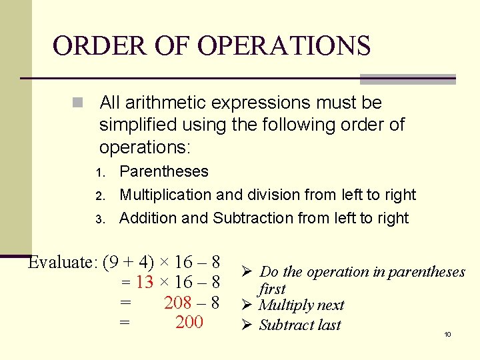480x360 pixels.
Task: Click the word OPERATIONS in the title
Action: (284, 45)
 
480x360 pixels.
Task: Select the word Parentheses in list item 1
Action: (163, 171)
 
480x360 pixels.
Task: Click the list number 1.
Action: (100, 173)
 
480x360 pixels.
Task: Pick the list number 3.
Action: (100, 219)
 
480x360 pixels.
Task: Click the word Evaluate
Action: (63, 262)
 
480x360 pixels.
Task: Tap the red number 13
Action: (144, 282)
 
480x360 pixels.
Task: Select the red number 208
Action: (177, 303)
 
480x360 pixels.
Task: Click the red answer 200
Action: (189, 323)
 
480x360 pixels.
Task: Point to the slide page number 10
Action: (447, 334)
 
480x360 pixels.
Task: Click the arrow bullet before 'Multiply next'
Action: (243, 305)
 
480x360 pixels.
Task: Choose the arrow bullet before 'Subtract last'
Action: (243, 325)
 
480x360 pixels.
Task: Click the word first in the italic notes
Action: (271, 289)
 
